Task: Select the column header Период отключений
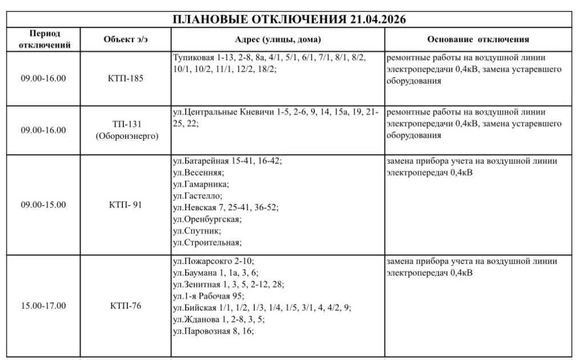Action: click(x=45, y=39)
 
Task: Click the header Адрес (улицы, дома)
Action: click(x=278, y=39)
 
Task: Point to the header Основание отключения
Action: click(x=478, y=39)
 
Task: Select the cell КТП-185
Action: click(x=126, y=78)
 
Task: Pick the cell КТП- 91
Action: click(x=126, y=205)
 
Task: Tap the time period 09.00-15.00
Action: click(x=43, y=205)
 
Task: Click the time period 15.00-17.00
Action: click(x=43, y=306)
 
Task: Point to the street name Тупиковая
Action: click(x=191, y=58)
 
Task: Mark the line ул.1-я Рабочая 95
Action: click(x=208, y=295)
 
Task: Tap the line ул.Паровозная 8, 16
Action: click(x=213, y=330)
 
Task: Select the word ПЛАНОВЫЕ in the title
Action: click(x=208, y=19)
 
